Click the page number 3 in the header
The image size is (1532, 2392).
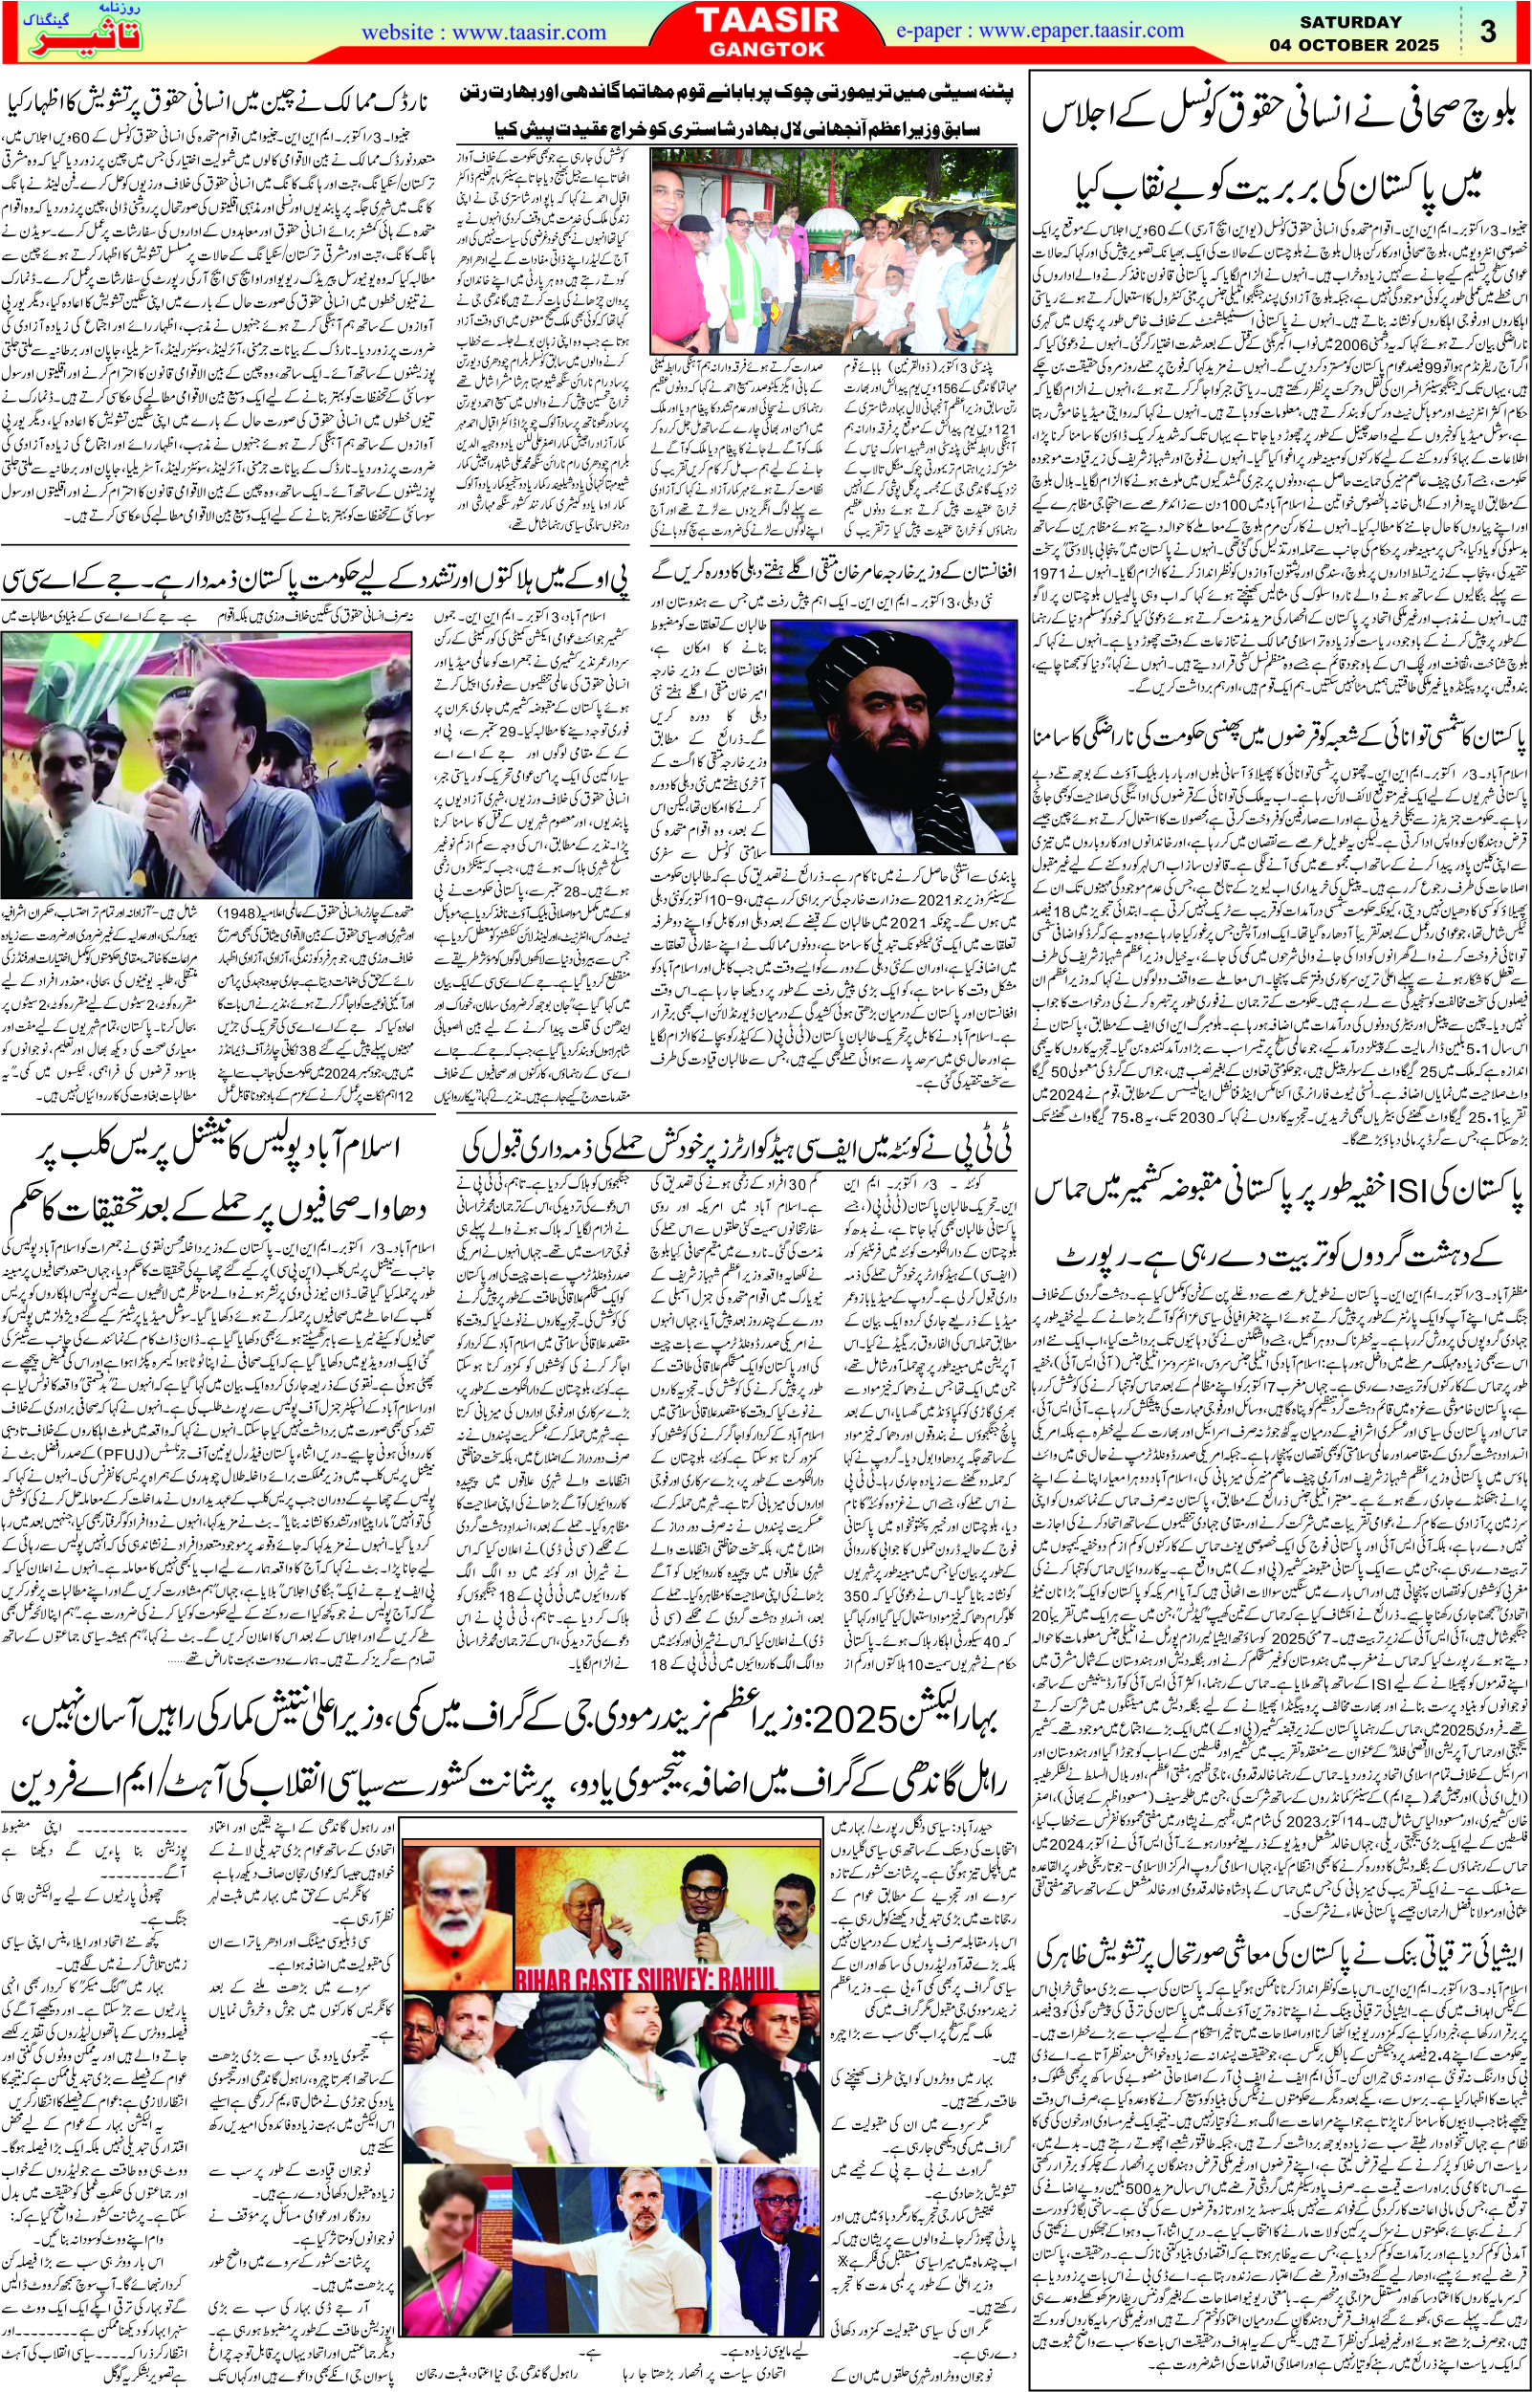pos(1488,32)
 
